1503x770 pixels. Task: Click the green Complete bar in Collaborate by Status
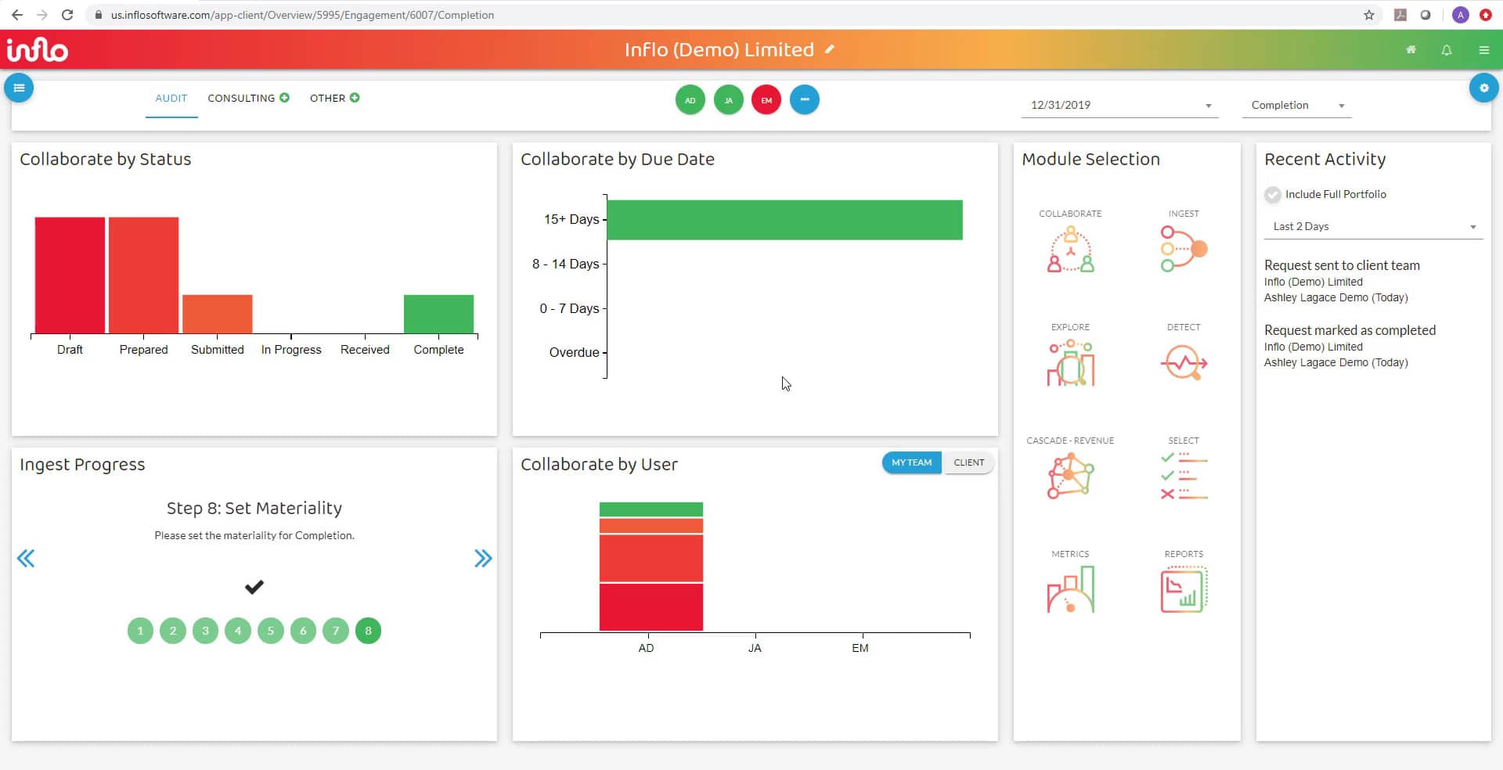[438, 314]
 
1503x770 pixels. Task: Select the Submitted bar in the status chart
[217, 314]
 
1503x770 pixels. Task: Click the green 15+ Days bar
[784, 220]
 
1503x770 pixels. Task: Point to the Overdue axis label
[574, 352]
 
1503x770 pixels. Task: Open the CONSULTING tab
[241, 98]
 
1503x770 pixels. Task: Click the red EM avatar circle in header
[766, 100]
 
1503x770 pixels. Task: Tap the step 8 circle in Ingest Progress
[368, 631]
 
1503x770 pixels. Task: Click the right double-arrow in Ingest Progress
[483, 558]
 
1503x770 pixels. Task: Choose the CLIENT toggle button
[968, 462]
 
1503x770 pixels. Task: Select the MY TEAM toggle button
[911, 462]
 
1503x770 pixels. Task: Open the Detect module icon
[1184, 363]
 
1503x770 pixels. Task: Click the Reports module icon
[1184, 590]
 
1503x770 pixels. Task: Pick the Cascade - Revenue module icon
[1070, 476]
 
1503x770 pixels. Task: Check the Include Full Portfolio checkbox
[1273, 195]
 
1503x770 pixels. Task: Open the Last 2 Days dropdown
[1373, 227]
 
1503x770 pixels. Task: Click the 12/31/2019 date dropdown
[1119, 105]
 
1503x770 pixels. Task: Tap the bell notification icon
[1447, 50]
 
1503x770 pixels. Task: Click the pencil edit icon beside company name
[830, 49]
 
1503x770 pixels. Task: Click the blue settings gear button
[1483, 88]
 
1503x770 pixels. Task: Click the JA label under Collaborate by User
[755, 648]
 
